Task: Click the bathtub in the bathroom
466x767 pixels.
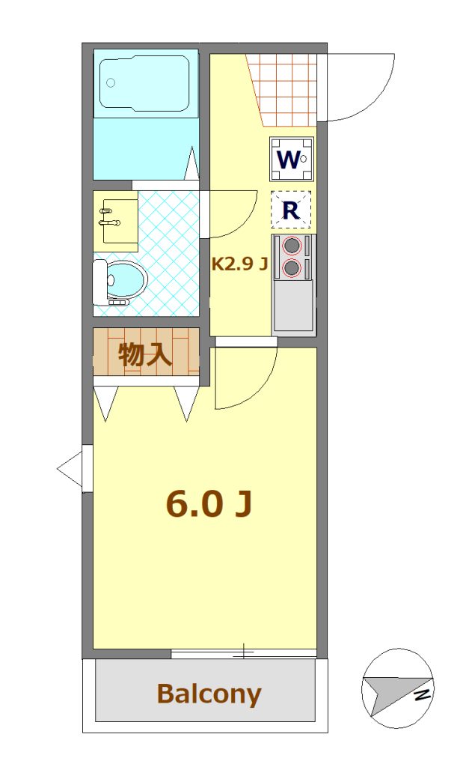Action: [x=144, y=82]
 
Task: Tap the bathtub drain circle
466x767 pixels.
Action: [x=111, y=82]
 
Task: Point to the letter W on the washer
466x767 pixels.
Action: [x=288, y=160]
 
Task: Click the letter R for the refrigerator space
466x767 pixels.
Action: [x=291, y=210]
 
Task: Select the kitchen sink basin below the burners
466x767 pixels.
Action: [x=293, y=306]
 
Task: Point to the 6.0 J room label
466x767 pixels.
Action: [x=209, y=504]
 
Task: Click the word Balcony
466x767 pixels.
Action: [x=209, y=694]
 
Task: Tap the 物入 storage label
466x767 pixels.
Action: [x=145, y=354]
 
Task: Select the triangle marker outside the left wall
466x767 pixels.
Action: [x=70, y=469]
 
